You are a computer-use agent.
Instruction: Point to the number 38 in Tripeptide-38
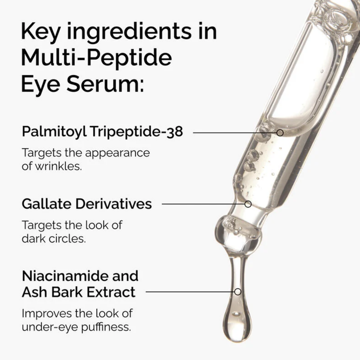click(175, 132)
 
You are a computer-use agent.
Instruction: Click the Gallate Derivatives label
click(86, 204)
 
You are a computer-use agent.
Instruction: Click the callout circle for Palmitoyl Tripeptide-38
click(280, 132)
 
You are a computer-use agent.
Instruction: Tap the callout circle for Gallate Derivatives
click(248, 204)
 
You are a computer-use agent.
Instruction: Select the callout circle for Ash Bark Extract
click(238, 291)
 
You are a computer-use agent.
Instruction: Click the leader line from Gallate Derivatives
click(202, 204)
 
